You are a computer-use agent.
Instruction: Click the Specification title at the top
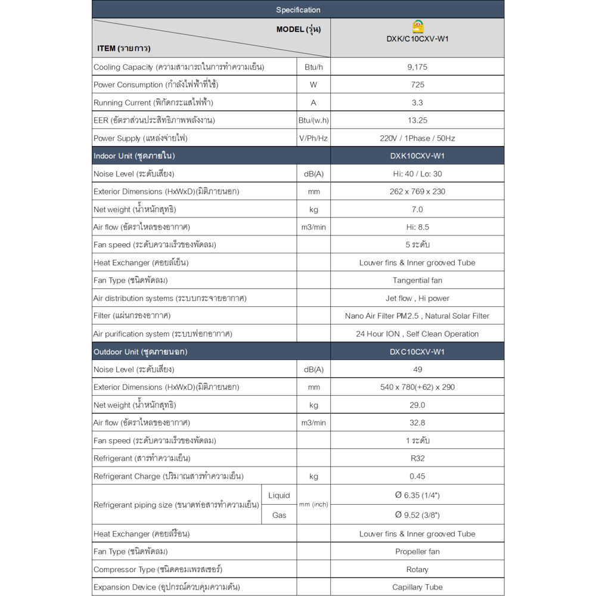coord(298,10)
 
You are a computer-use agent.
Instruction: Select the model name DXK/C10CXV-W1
coord(417,39)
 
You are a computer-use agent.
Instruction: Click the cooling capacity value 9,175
coord(417,67)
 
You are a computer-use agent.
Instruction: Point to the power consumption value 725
coord(417,85)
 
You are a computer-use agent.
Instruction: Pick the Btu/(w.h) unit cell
coord(313,120)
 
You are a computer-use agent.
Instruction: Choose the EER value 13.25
coord(417,120)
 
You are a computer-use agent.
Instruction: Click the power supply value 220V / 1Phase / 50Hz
coord(417,138)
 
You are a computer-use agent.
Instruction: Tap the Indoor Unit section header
coord(134,156)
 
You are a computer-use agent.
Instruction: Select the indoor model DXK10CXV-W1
coord(417,156)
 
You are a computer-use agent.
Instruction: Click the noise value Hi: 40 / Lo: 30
coord(417,174)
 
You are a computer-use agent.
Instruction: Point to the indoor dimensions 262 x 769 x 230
coord(417,191)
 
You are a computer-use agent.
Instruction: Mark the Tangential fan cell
coord(417,280)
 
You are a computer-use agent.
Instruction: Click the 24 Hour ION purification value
coord(417,334)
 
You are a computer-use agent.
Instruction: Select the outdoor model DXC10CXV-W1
coord(417,352)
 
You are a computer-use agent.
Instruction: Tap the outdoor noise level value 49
coord(417,370)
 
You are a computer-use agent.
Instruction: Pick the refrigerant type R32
coord(417,458)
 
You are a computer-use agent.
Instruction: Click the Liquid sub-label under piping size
coord(279,495)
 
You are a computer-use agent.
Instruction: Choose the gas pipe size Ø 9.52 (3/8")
coord(417,515)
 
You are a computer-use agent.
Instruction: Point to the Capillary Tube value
coord(417,587)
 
